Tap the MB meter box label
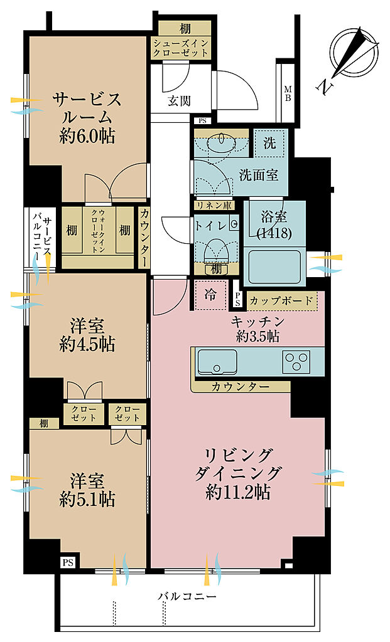[x=288, y=93]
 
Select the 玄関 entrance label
[x=179, y=100]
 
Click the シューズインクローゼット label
[x=181, y=48]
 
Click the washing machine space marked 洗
[x=269, y=144]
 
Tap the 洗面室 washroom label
[x=258, y=176]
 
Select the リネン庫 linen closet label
[x=212, y=206]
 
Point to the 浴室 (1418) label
[x=274, y=225]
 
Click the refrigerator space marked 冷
[x=210, y=295]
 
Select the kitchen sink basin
[x=217, y=362]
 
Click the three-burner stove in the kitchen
[x=296, y=362]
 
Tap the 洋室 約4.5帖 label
[x=87, y=336]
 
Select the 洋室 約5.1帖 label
[x=87, y=490]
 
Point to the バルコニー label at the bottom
[x=187, y=596]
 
